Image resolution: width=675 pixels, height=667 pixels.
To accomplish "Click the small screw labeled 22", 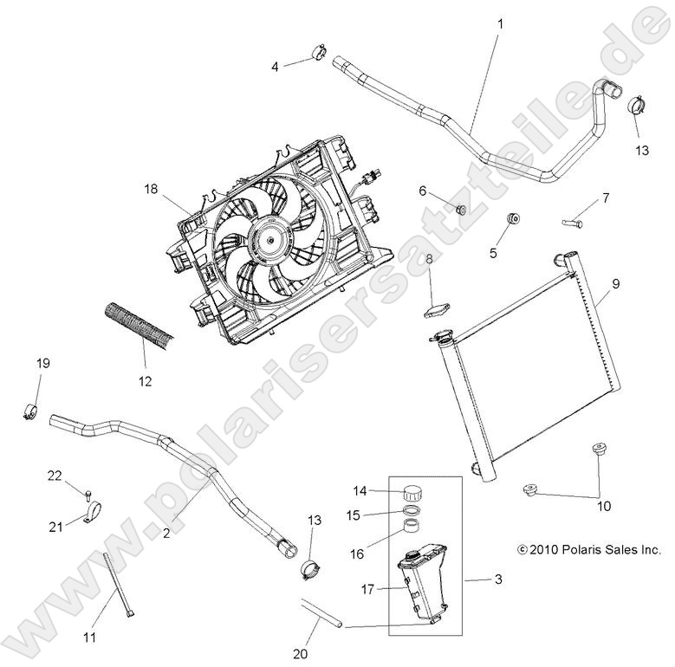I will click(88, 494).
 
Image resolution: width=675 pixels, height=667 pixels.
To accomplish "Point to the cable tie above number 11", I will click(119, 585).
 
